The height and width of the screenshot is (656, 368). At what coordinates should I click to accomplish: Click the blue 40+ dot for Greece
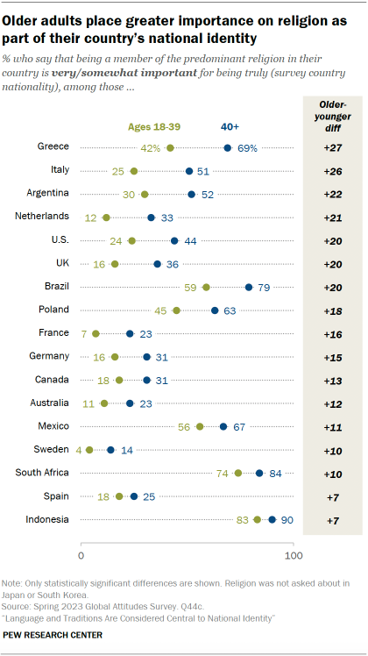[228, 148]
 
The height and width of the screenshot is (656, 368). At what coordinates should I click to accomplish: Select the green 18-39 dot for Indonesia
[257, 519]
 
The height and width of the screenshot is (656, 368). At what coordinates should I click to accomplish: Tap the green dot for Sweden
[89, 449]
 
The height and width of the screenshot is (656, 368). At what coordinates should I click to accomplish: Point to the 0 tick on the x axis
[81, 555]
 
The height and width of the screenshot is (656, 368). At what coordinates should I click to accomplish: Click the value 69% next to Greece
[247, 148]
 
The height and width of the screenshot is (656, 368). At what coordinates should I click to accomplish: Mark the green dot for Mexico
[200, 426]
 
